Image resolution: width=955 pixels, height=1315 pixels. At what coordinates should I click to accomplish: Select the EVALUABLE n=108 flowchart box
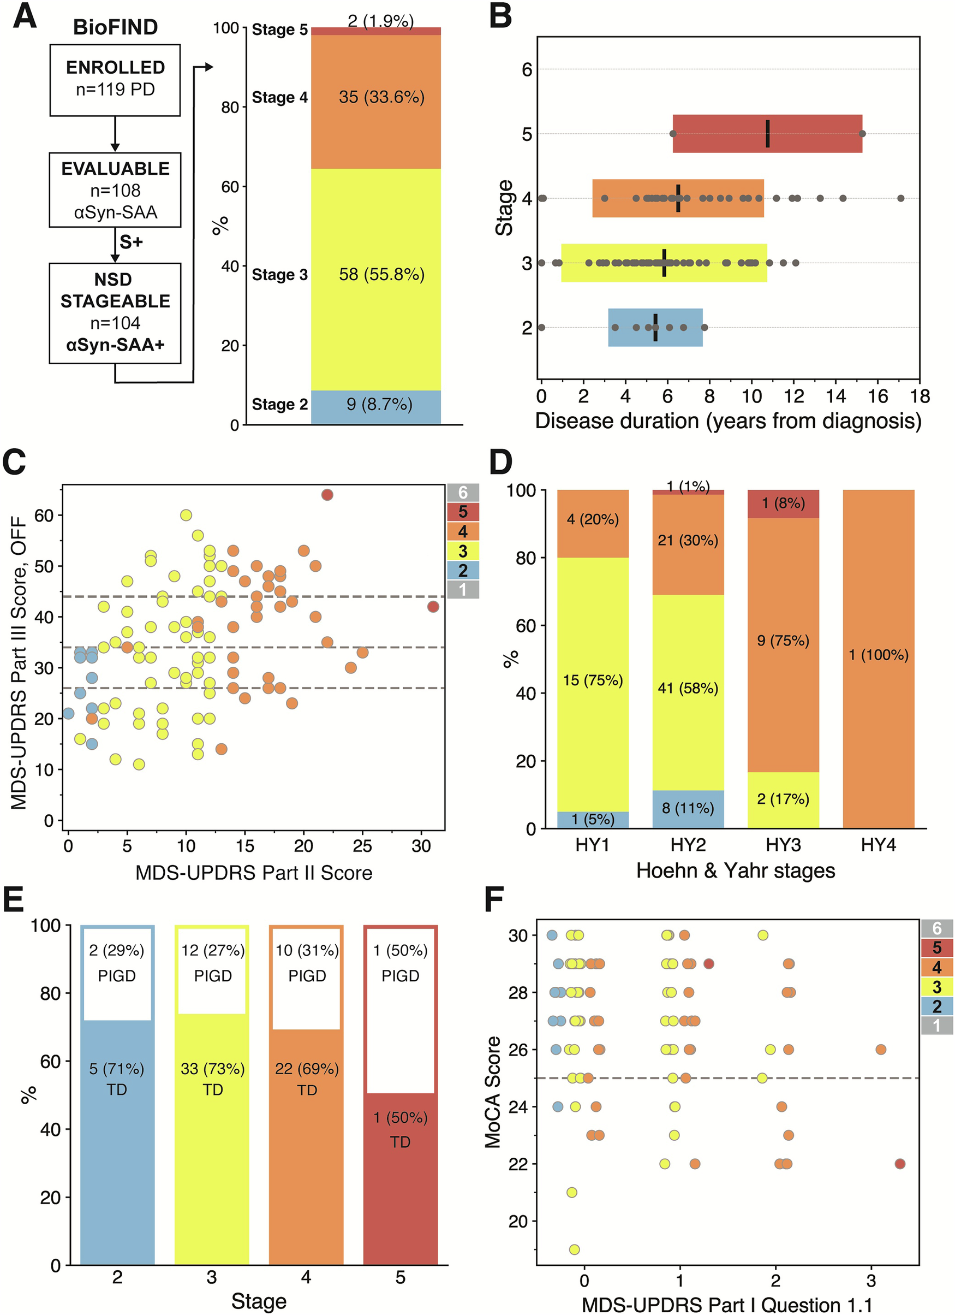pyautogui.click(x=115, y=189)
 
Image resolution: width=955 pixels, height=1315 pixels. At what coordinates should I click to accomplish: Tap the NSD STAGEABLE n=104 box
pyautogui.click(x=115, y=313)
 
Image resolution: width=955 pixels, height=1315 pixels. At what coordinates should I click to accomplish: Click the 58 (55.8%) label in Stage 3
pyautogui.click(x=381, y=274)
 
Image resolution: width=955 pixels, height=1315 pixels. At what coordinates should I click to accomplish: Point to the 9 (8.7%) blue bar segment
pyautogui.click(x=375, y=406)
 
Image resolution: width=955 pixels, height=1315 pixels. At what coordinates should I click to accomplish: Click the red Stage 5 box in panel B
pyautogui.click(x=767, y=134)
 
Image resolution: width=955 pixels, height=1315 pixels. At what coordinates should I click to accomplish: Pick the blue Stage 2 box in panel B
pyautogui.click(x=655, y=328)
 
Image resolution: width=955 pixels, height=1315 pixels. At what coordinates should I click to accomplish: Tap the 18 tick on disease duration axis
pyautogui.click(x=920, y=396)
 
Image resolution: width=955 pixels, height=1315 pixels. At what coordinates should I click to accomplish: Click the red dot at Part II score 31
pyautogui.click(x=433, y=607)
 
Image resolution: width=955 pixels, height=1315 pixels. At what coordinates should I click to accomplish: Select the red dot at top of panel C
pyautogui.click(x=327, y=495)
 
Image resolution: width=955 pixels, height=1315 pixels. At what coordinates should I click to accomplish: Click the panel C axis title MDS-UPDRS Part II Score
pyautogui.click(x=254, y=873)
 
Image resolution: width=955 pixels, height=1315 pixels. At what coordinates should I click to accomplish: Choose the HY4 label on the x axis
pyautogui.click(x=878, y=845)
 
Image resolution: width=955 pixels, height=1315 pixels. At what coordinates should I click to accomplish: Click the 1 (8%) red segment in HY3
pyautogui.click(x=783, y=504)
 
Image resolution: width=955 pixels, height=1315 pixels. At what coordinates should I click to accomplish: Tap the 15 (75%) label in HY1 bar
pyautogui.click(x=593, y=680)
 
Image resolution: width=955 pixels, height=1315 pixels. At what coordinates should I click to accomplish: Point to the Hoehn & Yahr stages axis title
pyautogui.click(x=736, y=871)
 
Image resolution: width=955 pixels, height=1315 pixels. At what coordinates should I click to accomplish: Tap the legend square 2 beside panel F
pyautogui.click(x=936, y=1006)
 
